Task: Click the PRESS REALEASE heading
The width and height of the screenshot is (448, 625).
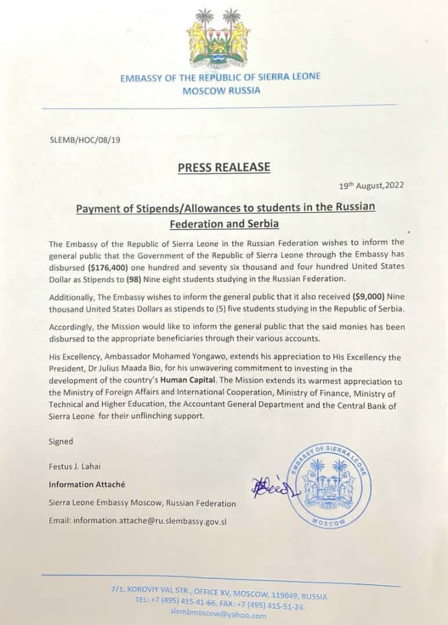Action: [x=224, y=167]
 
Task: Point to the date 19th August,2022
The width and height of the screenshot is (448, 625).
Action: [x=372, y=185]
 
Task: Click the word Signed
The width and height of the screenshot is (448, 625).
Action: [x=61, y=441]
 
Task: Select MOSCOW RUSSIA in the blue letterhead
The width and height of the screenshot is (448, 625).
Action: [x=221, y=90]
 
